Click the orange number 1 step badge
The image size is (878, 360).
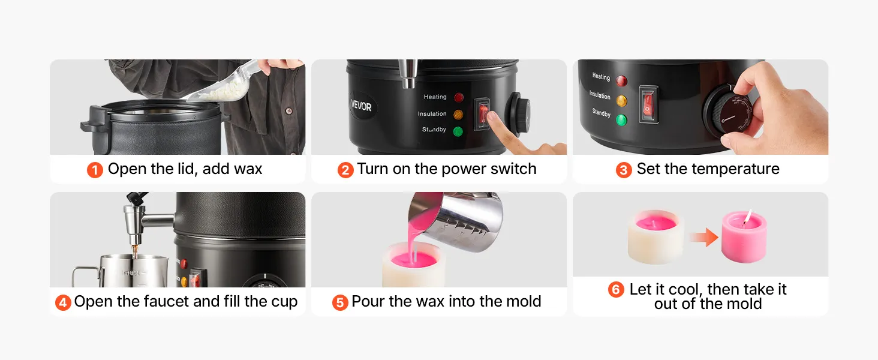pos(95,170)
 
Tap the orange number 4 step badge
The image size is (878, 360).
pos(63,303)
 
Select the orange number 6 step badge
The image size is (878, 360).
pos(616,290)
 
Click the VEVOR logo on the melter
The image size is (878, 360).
pos(362,106)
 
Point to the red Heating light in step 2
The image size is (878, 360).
pos(459,97)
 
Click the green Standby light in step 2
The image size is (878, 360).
pos(458,132)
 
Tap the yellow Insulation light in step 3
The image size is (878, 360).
pos(621,101)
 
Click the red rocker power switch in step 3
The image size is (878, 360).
pos(648,104)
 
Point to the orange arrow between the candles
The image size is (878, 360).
pos(704,237)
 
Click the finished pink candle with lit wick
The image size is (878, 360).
pos(744,236)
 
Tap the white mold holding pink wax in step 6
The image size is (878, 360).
pos(656,237)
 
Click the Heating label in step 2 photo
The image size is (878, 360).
pos(435,97)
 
